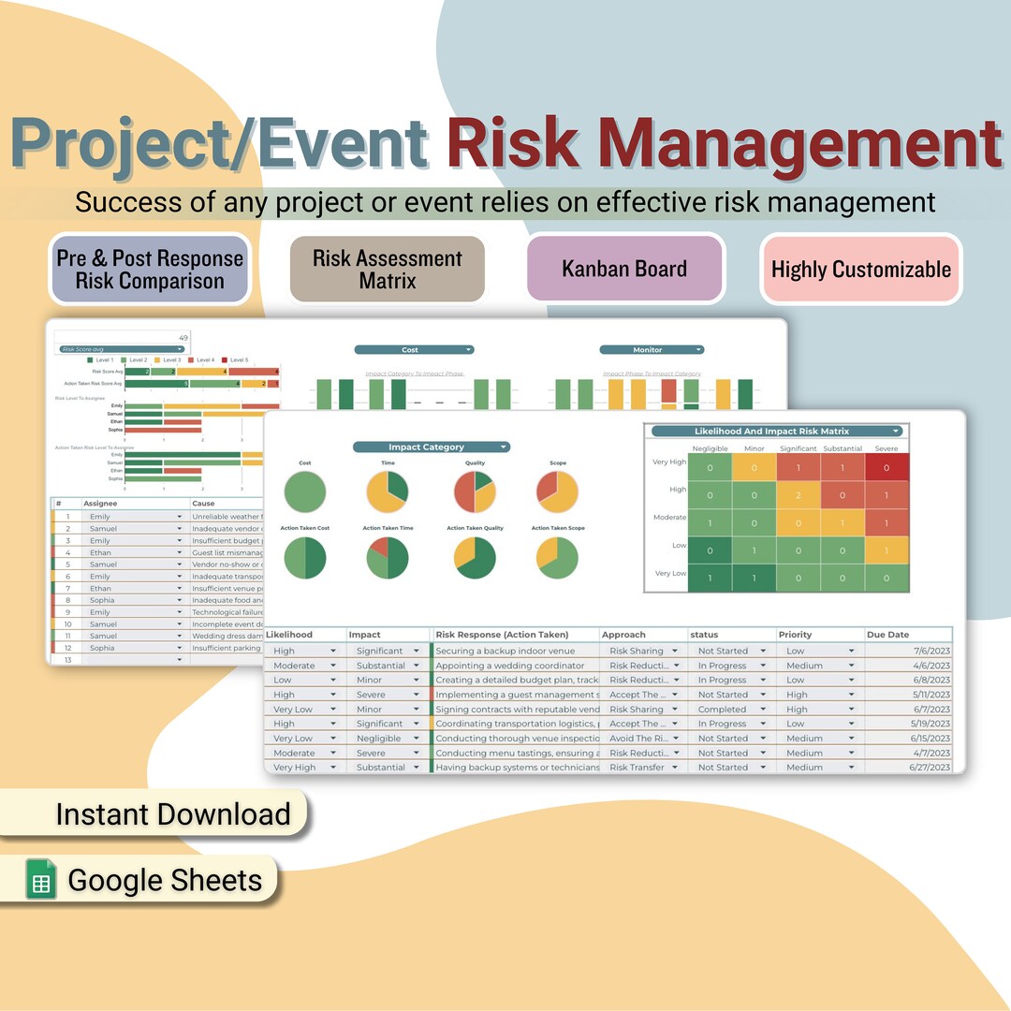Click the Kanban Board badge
624,269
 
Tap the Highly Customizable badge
860,270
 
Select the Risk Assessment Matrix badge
387,269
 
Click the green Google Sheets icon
40,880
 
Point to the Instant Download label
173,814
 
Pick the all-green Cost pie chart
305,492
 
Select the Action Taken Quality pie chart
475,558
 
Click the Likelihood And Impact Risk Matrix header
776,432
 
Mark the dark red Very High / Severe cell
886,467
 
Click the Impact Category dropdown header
431,447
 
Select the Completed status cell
723,710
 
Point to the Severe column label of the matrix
886,448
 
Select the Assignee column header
100,504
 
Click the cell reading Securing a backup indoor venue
517,651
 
